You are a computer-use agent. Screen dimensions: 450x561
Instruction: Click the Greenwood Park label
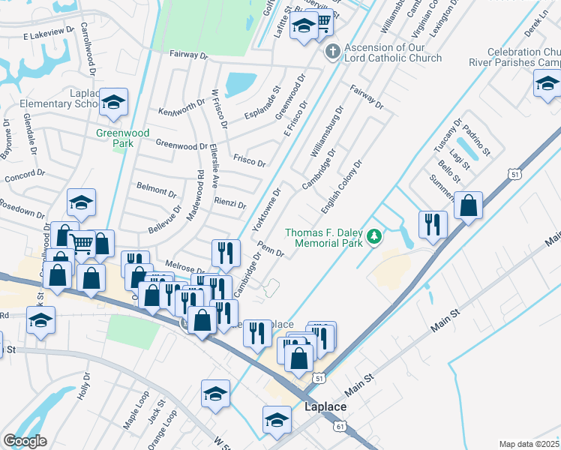coord(114,138)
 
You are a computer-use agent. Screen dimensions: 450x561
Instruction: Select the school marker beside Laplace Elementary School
coord(113,104)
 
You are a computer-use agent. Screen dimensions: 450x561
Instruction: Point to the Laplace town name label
coord(325,406)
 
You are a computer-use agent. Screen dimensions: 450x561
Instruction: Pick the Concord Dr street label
coord(25,178)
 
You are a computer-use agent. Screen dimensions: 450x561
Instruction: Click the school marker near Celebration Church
coord(546,85)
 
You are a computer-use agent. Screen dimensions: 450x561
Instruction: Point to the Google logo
coord(25,440)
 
